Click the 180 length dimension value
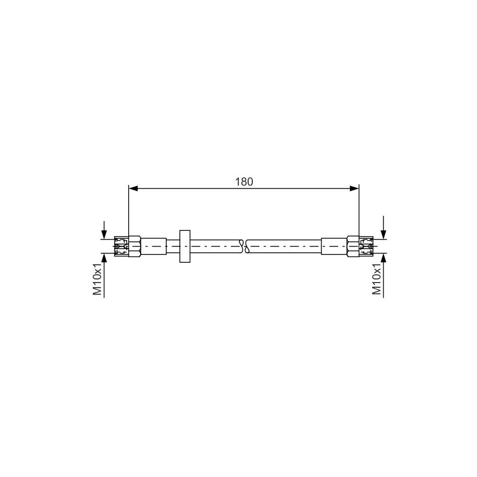point(243,181)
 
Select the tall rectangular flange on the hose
point(185,246)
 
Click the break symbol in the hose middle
point(244,246)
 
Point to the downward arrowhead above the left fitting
point(105,235)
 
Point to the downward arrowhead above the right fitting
point(384,235)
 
